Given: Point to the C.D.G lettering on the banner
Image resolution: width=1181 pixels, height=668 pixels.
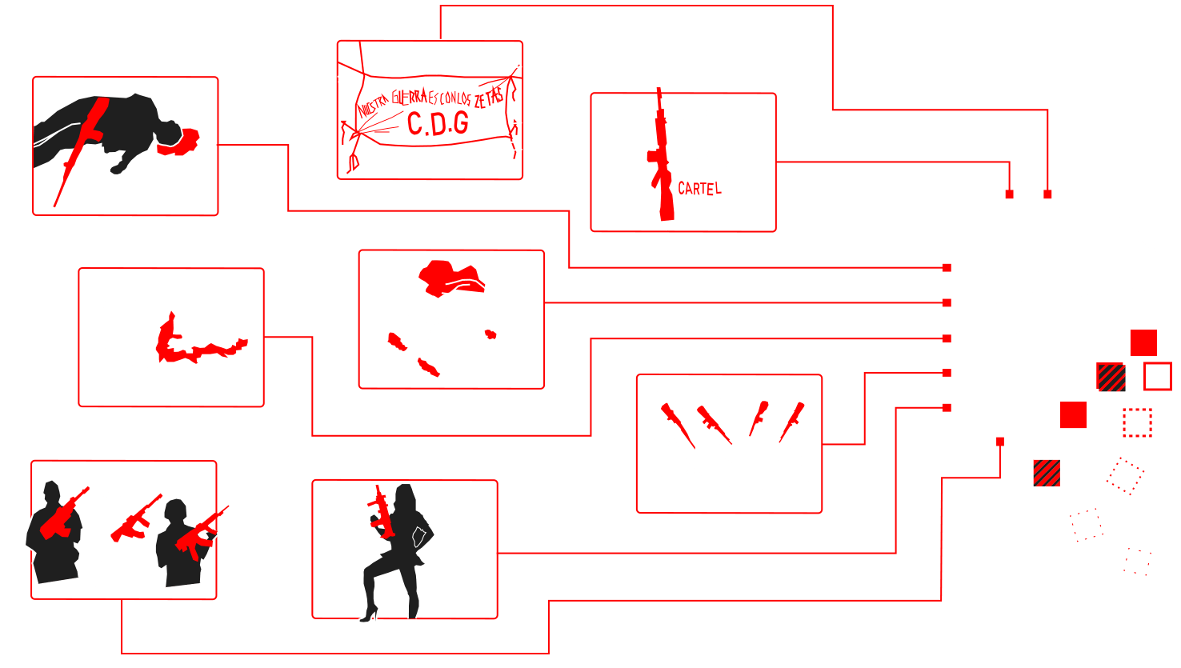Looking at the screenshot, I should tap(438, 123).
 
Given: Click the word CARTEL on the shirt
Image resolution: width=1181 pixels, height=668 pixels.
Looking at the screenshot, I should tap(699, 189).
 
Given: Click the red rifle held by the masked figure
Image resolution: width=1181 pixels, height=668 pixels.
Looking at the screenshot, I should tap(661, 160).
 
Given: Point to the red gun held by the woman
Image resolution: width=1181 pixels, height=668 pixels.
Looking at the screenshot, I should tap(382, 512).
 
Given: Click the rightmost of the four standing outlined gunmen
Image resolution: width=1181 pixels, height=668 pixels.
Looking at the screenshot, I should tap(795, 432).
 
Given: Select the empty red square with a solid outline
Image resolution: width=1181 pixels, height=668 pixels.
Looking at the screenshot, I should tap(1157, 376).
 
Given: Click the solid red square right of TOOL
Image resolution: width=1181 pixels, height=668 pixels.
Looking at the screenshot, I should tap(1143, 342).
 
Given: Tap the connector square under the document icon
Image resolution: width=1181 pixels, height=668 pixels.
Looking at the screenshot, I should tap(1000, 441).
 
